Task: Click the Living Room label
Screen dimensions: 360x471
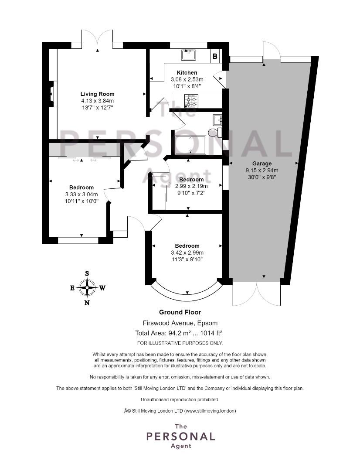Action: [97, 94]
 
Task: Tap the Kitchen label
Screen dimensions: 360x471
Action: [187, 73]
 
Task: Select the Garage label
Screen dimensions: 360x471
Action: [262, 164]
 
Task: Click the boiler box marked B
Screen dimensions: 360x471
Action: [215, 56]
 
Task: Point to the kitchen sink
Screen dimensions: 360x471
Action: [189, 55]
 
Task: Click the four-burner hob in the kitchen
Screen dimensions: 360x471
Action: [191, 101]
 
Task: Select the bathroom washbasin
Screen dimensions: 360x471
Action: [217, 120]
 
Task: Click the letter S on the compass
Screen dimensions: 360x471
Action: [87, 273]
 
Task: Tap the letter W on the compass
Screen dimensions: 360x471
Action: [102, 288]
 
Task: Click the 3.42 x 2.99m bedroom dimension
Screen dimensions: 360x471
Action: [187, 253]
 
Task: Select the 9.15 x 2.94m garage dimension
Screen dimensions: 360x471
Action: [262, 171]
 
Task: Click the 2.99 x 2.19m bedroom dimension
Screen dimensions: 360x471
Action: [192, 186]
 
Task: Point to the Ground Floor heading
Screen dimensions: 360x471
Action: [180, 312]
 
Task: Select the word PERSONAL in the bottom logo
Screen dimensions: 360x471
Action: [180, 437]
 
